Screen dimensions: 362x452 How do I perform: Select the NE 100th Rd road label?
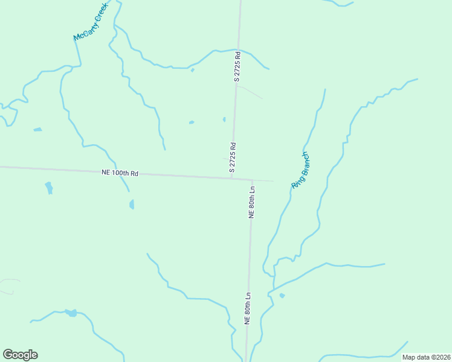[x=120, y=173]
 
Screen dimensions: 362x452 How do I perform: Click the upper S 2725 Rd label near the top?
[x=237, y=66]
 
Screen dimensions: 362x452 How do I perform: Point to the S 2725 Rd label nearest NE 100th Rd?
[x=232, y=157]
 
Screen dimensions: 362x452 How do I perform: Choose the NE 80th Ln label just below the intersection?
[x=252, y=202]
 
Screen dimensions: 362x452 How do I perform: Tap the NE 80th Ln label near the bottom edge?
[x=247, y=309]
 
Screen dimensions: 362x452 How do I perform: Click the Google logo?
[x=20, y=355]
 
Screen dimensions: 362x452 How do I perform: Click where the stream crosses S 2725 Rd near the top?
[x=238, y=49]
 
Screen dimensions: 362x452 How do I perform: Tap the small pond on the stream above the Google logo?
[x=71, y=313]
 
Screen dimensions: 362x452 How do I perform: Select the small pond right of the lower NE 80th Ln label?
[x=282, y=295]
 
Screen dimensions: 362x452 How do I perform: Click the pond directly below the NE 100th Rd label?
[x=131, y=205]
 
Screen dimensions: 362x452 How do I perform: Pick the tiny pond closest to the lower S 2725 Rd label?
[x=224, y=119]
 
